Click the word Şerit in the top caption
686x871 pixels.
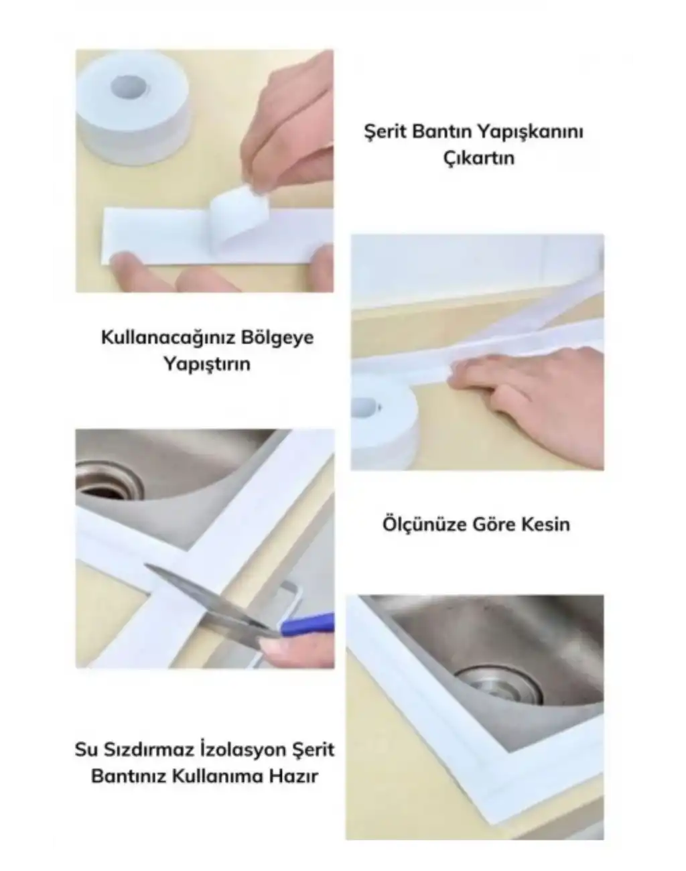click(x=385, y=132)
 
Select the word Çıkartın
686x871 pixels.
click(x=479, y=158)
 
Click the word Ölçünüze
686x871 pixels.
click(x=421, y=523)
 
